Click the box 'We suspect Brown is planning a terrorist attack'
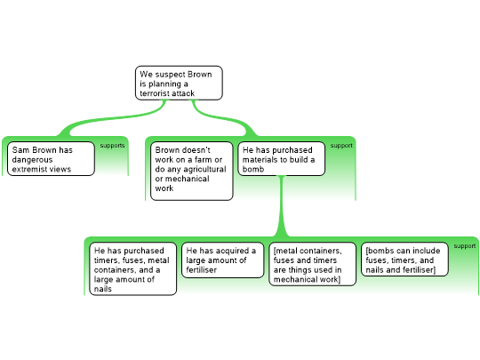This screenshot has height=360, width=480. [179, 83]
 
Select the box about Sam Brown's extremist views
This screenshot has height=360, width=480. [51, 158]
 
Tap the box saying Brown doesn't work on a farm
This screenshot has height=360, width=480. [192, 171]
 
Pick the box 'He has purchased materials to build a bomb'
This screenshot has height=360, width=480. [281, 158]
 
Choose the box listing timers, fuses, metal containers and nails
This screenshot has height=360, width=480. [132, 268]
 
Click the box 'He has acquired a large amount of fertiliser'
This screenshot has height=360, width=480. [222, 260]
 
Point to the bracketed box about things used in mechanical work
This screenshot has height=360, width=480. [312, 264]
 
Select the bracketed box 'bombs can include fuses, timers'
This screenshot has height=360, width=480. [404, 260]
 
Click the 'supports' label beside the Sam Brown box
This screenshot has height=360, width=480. [112, 146]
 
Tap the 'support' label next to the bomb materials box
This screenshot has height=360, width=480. [341, 146]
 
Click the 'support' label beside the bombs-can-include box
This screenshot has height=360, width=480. [464, 246]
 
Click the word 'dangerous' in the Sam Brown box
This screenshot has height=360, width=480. [33, 159]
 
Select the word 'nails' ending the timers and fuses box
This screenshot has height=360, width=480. [103, 289]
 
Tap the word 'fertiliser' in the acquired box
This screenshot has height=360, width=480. [202, 269]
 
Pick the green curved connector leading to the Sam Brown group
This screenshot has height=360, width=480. [116, 119]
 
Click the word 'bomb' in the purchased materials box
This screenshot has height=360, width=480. [253, 169]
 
